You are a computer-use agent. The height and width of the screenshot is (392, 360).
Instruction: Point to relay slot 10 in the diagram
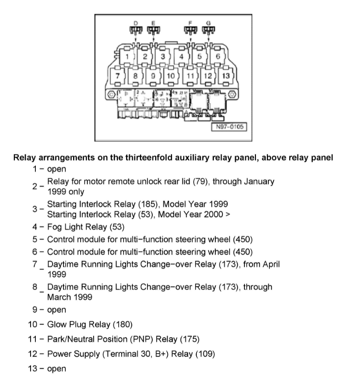(x=169, y=76)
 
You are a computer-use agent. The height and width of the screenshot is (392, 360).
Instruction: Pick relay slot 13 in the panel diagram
(x=226, y=76)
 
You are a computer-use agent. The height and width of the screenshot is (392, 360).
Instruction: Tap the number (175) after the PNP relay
(x=190, y=340)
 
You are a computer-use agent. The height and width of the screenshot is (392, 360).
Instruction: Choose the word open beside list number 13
(x=56, y=369)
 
